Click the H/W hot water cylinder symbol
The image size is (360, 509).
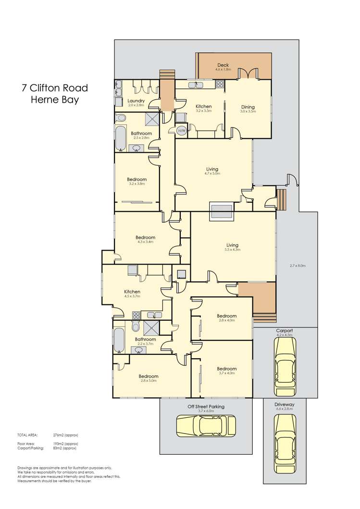182,131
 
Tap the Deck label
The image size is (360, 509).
223,65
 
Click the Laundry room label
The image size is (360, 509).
137,100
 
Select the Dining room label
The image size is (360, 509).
248,107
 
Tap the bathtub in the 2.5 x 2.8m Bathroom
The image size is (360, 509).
121,138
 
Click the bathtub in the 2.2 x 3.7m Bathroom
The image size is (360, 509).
120,340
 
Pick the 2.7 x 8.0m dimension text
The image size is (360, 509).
298,266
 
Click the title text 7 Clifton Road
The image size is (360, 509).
55,88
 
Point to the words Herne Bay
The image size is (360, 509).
55,100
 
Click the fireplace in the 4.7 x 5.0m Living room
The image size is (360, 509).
221,211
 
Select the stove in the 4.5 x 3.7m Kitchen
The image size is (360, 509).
136,315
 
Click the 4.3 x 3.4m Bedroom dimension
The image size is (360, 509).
145,242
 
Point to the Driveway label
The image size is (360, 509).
284,404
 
